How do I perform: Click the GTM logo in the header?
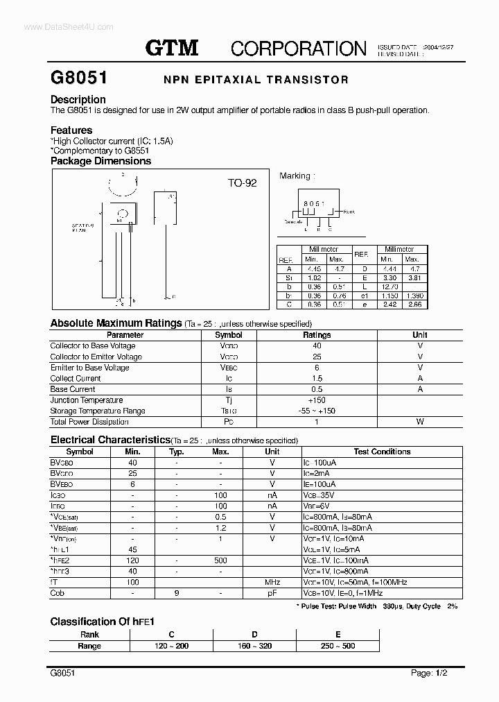172,47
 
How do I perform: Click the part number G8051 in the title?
77,78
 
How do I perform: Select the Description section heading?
78,99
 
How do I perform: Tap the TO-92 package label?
242,183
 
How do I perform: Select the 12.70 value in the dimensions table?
389,286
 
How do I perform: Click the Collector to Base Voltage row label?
93,345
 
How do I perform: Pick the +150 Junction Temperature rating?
317,400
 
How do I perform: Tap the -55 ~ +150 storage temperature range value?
317,411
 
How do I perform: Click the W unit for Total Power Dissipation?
419,422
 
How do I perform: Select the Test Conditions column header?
382,452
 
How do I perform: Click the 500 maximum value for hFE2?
220,560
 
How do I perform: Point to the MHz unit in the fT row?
272,582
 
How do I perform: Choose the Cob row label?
58,593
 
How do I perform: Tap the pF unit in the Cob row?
272,593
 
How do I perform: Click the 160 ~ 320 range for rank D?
254,646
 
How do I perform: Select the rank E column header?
338,635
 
